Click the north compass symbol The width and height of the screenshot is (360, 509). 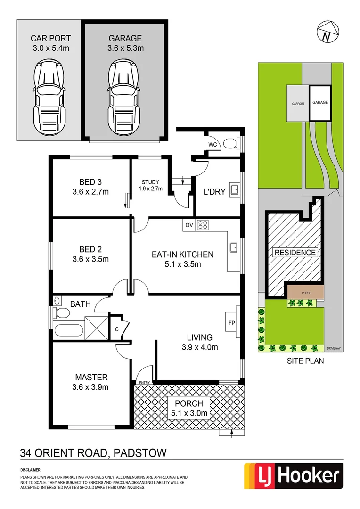pyautogui.click(x=325, y=32)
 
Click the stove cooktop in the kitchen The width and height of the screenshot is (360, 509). pyautogui.click(x=203, y=225)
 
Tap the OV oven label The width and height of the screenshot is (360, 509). pyautogui.click(x=189, y=225)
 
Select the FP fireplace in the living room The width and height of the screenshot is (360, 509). pyautogui.click(x=232, y=323)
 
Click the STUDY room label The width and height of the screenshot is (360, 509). pyautogui.click(x=150, y=182)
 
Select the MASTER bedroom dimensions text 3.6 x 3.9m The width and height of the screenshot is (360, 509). pyautogui.click(x=91, y=387)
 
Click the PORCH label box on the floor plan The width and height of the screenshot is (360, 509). pyautogui.click(x=188, y=408)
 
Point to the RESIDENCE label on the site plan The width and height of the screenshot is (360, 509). pyautogui.click(x=295, y=253)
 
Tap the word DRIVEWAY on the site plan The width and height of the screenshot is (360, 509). pyautogui.click(x=334, y=348)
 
